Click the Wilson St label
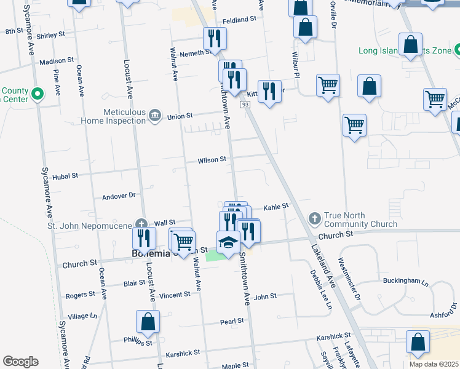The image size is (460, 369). coord(212,160)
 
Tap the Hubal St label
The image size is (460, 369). coord(65,176)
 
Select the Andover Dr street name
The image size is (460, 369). coord(118,196)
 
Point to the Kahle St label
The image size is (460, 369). coord(276,207)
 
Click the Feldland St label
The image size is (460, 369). coord(239,20)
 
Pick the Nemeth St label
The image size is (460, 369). coord(196,54)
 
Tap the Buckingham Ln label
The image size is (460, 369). coord(406,280)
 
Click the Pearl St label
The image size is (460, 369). coord(232,321)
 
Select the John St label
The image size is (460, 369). coord(266,296)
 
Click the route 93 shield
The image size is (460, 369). coord(245,105)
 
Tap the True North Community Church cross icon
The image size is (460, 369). coord(314,219)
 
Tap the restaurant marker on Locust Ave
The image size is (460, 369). coord(144,237)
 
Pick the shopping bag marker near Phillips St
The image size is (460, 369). coord(148,320)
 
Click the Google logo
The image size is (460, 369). coord(20,362)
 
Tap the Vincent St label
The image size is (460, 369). coord(174,295)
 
